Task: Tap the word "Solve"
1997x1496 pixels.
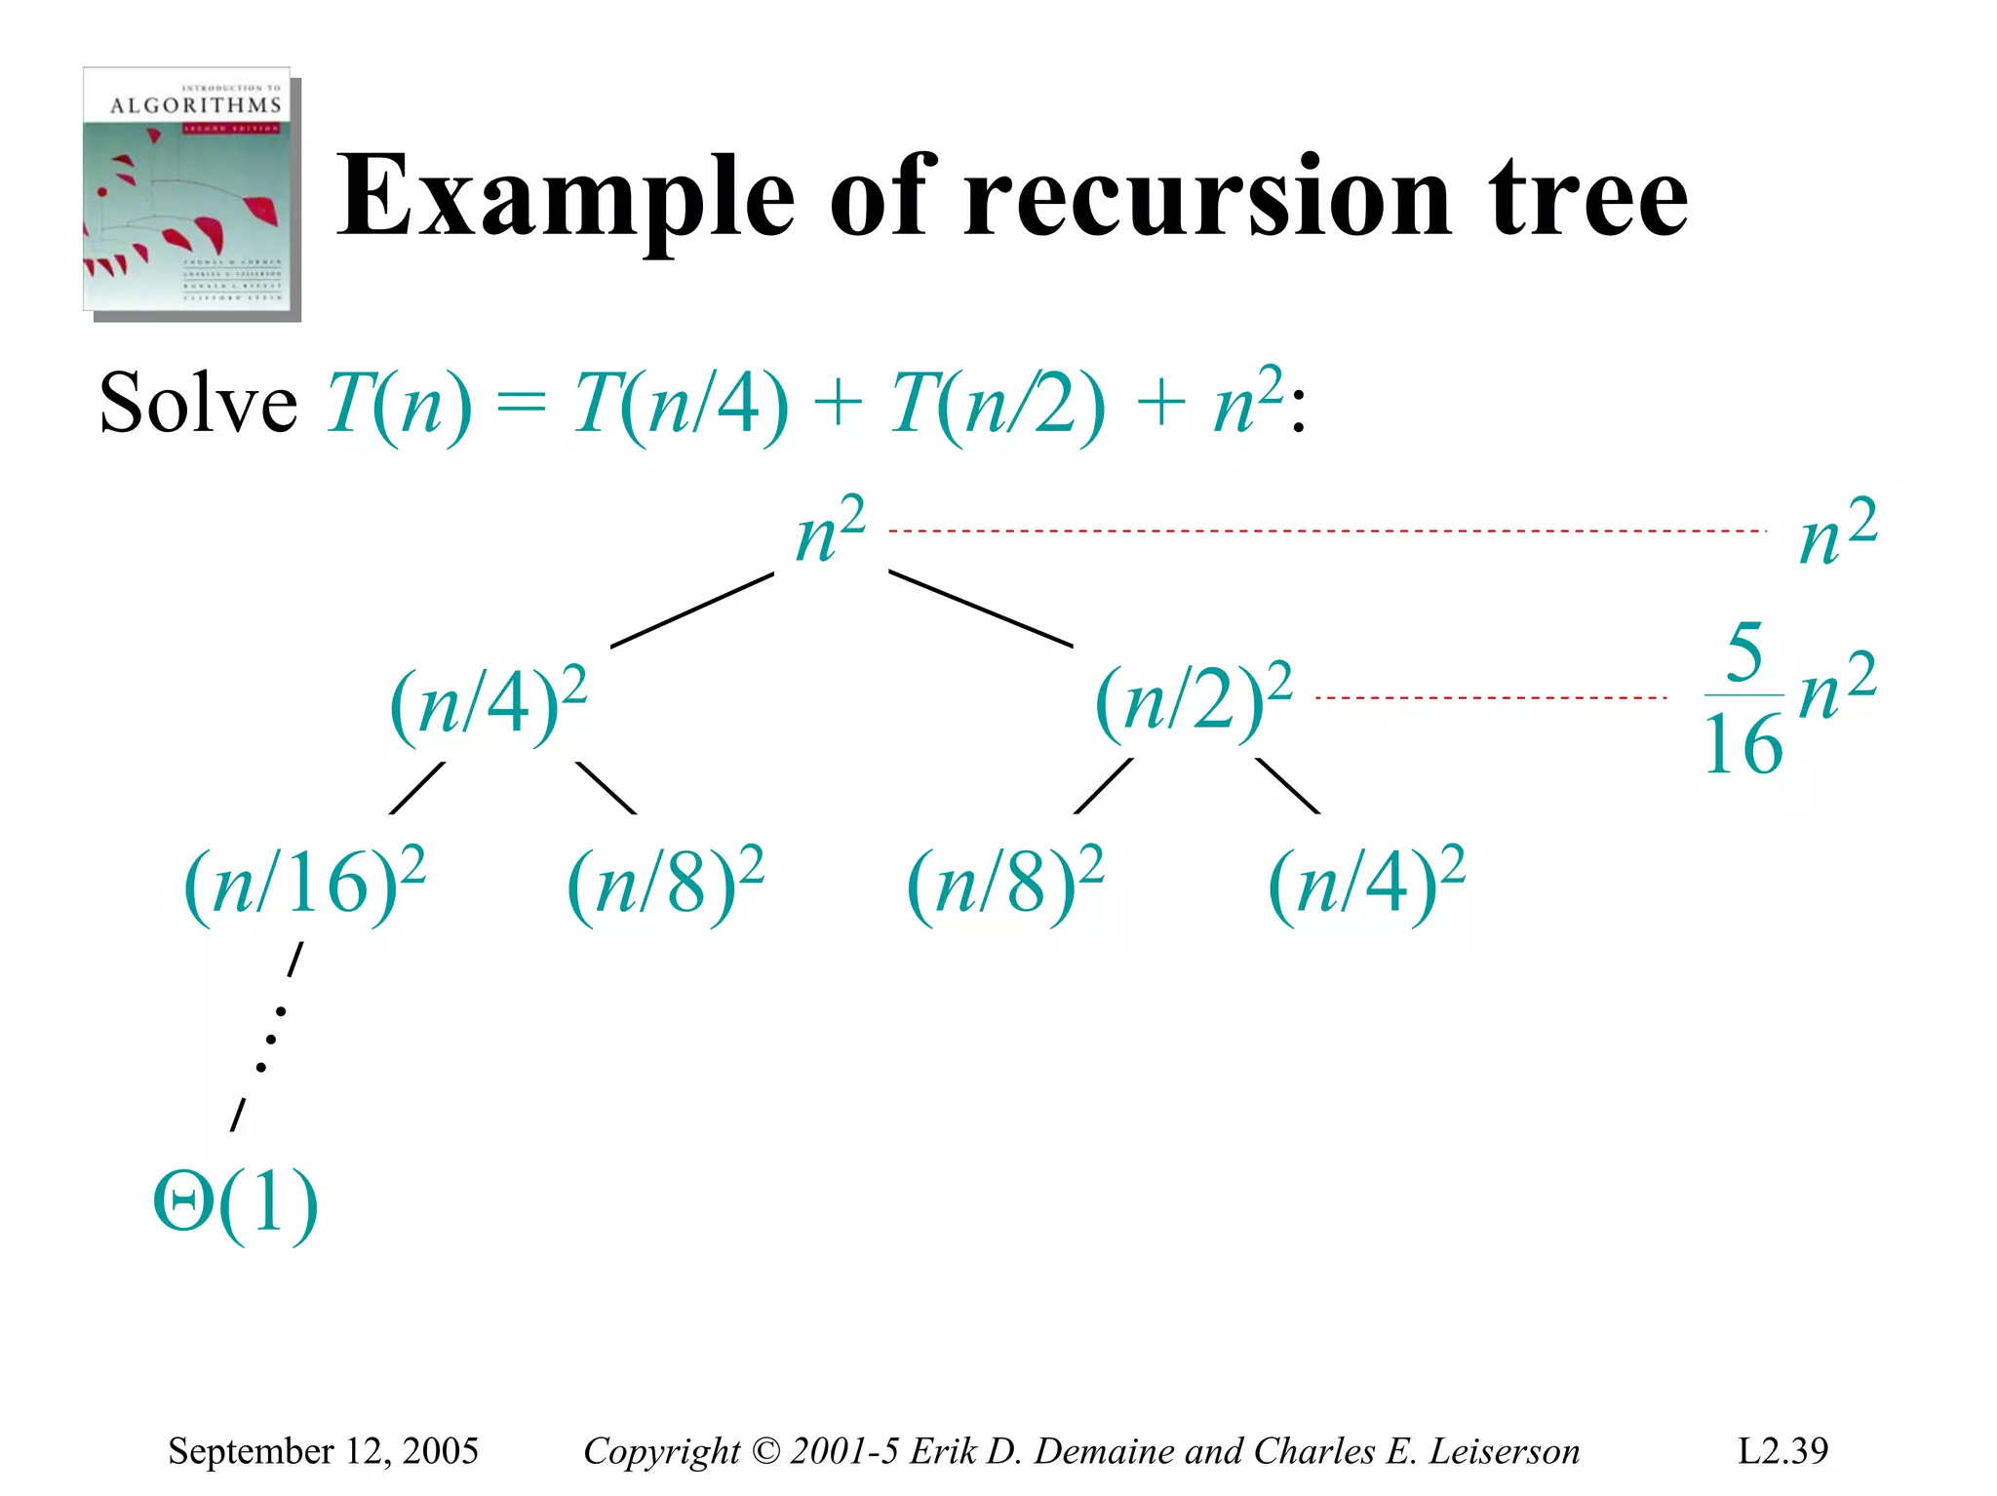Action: [198, 404]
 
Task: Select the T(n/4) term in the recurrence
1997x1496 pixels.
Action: [680, 404]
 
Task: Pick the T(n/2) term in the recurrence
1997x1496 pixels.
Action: [997, 404]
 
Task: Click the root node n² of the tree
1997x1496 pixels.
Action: [829, 532]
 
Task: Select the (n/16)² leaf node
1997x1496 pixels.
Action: [304, 882]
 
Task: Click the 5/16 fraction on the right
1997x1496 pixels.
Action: [1743, 698]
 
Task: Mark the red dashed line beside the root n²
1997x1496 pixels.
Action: [1326, 531]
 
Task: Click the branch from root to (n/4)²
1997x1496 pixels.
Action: [692, 610]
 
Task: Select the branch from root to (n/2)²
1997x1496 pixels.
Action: [980, 609]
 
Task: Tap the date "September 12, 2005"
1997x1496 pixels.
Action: [323, 1451]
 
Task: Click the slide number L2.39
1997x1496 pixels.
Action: [1782, 1451]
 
